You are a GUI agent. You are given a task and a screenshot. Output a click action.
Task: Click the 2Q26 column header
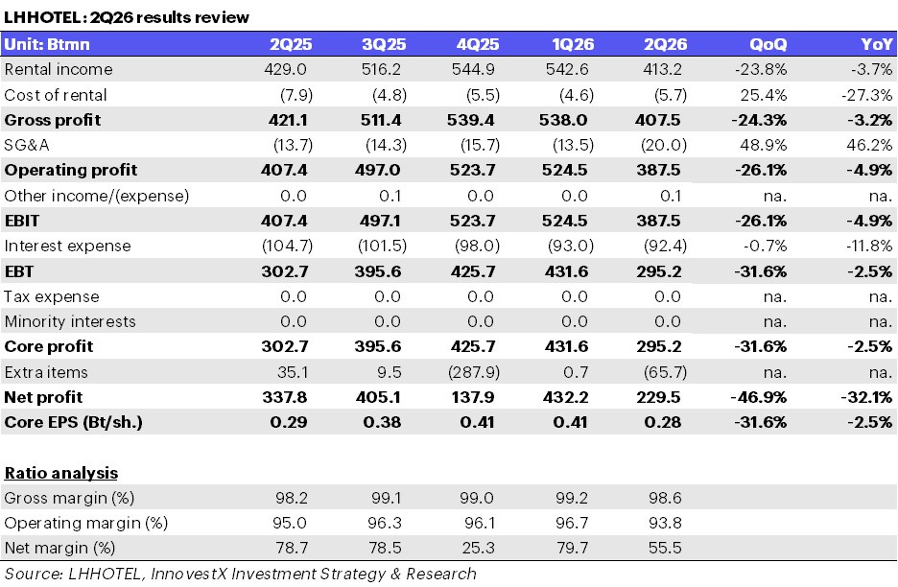(x=665, y=44)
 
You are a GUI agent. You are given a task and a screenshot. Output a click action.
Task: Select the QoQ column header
(x=768, y=44)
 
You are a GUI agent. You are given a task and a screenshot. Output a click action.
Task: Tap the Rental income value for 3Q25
(x=381, y=69)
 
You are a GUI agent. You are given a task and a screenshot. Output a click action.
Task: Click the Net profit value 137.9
(x=472, y=397)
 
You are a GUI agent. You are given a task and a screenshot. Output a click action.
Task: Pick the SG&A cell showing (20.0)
(x=664, y=145)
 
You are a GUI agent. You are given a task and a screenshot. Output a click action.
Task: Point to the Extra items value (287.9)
(x=474, y=372)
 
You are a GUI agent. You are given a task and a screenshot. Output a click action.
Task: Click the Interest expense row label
(x=67, y=246)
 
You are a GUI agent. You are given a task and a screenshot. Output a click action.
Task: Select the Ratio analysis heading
(x=61, y=473)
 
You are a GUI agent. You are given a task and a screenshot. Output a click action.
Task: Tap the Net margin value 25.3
(x=478, y=548)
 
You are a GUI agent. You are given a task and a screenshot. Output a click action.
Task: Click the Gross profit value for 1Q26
(x=563, y=120)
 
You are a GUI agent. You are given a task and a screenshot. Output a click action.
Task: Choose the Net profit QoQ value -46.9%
(x=759, y=397)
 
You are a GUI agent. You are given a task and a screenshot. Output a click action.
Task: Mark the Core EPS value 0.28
(x=663, y=422)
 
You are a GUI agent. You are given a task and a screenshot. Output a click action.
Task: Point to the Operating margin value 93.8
(x=665, y=523)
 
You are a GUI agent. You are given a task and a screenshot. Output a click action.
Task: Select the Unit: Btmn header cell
(x=47, y=44)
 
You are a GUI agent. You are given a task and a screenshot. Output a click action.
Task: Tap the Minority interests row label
(x=70, y=321)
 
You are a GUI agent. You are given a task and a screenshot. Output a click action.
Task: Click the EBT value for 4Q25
(x=472, y=270)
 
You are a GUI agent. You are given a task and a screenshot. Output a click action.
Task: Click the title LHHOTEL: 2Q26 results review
(x=127, y=17)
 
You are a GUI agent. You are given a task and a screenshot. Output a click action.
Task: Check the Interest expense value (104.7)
(x=288, y=246)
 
